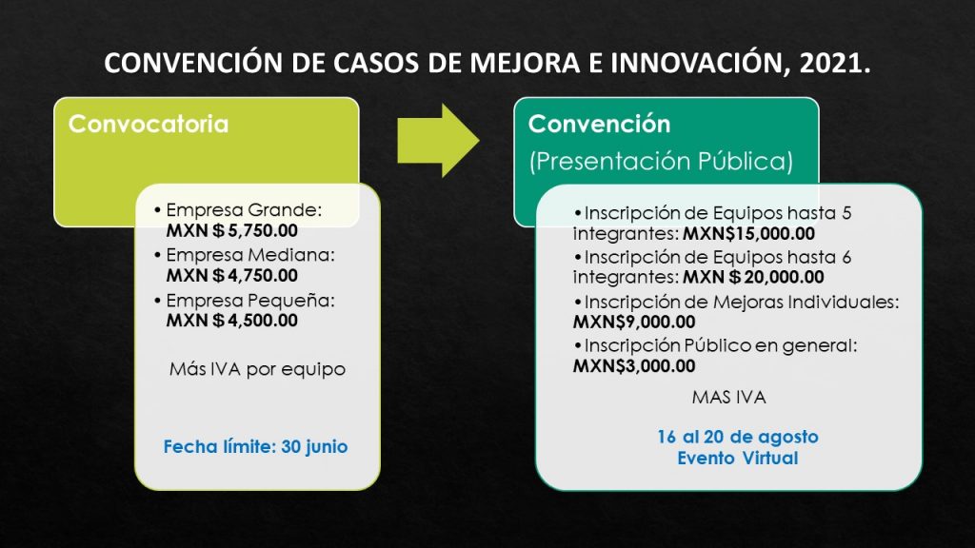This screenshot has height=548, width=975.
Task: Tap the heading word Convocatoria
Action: pyautogui.click(x=149, y=125)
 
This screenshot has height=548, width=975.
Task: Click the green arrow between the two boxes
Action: pyautogui.click(x=438, y=141)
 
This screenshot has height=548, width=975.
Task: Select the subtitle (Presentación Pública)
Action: pyautogui.click(x=661, y=162)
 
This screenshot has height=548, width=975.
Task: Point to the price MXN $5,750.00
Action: pyautogui.click(x=232, y=231)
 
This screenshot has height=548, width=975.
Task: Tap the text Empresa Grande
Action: pyautogui.click(x=244, y=210)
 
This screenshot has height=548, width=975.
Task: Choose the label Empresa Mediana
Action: pyautogui.click(x=250, y=255)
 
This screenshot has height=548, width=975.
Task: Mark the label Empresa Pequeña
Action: pyautogui.click(x=250, y=301)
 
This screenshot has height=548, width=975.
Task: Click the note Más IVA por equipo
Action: pyautogui.click(x=257, y=370)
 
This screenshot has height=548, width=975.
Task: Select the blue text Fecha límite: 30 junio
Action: pyautogui.click(x=255, y=447)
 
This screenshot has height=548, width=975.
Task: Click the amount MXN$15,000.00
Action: pyautogui.click(x=748, y=234)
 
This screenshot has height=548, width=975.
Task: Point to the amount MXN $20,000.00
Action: pyautogui.click(x=753, y=277)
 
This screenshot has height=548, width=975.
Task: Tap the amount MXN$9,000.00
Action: pyautogui.click(x=633, y=322)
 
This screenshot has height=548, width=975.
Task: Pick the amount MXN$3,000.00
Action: pyautogui.click(x=633, y=366)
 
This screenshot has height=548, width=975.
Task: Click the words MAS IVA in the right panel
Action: pyautogui.click(x=728, y=398)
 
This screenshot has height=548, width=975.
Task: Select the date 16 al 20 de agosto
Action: pyautogui.click(x=738, y=438)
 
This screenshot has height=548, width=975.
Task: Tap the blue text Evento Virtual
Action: pyautogui.click(x=738, y=459)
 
